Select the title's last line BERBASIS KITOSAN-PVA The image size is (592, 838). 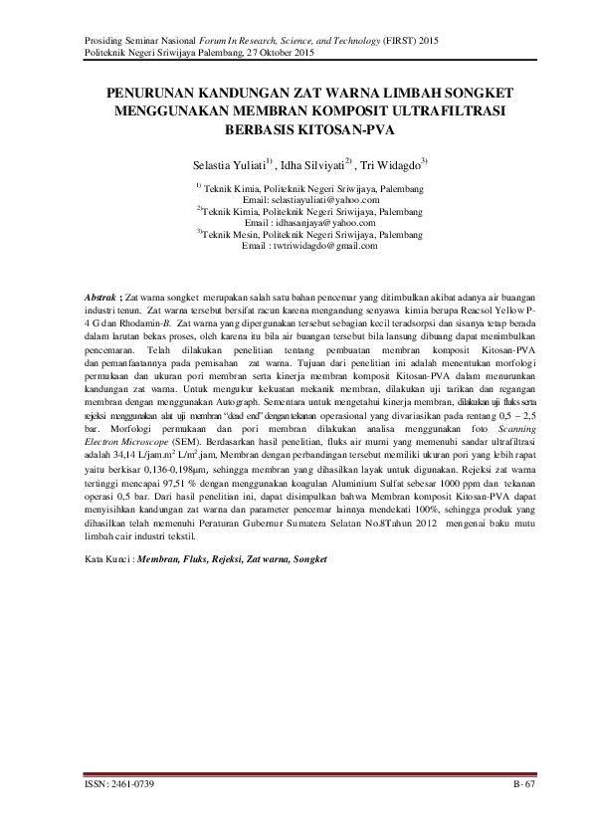(x=296, y=130)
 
